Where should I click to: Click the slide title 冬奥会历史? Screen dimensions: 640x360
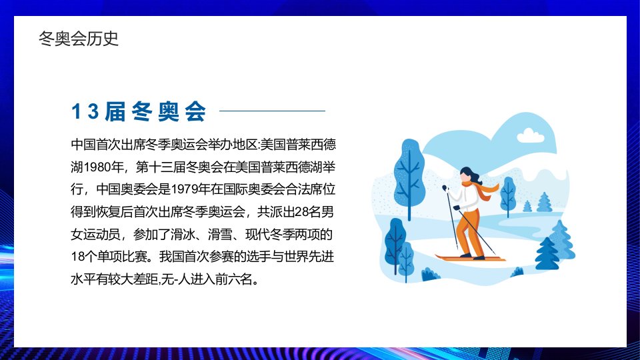(x=79, y=39)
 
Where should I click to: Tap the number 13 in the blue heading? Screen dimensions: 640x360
(x=85, y=111)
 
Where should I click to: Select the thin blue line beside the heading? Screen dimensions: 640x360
(x=272, y=111)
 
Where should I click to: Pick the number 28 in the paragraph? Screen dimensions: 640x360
(x=302, y=212)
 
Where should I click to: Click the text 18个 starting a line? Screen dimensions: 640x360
(x=84, y=257)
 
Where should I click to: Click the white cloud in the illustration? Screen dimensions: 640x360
(x=531, y=136)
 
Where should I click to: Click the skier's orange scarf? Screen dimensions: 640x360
(x=483, y=190)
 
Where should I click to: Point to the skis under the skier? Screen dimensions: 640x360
(x=470, y=259)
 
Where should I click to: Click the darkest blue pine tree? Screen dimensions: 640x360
(x=547, y=254)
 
